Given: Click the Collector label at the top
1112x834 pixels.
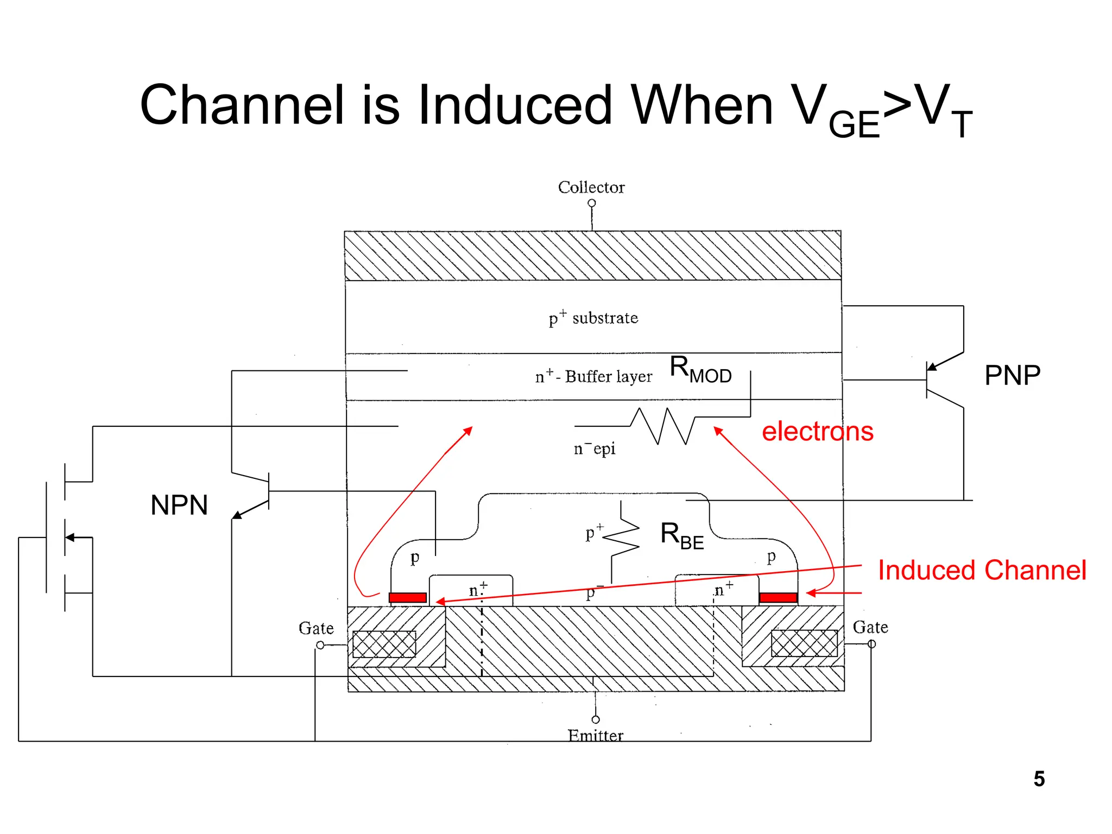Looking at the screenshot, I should (x=591, y=187).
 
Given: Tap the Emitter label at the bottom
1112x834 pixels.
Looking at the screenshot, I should (x=595, y=735).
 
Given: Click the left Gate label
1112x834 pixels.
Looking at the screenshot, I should (x=316, y=628).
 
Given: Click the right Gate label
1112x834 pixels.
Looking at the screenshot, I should (x=870, y=627).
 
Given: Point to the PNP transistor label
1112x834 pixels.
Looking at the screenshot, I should (x=1012, y=375).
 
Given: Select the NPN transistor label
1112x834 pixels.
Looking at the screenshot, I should (x=179, y=505).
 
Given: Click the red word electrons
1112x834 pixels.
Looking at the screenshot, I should (x=817, y=432).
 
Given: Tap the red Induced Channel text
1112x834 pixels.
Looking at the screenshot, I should (x=982, y=571).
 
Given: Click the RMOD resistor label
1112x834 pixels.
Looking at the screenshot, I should (x=700, y=369).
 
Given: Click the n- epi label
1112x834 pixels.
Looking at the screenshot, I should (x=595, y=448).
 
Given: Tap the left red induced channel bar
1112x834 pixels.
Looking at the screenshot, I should (x=408, y=598).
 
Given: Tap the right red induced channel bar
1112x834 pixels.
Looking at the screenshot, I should (x=778, y=598).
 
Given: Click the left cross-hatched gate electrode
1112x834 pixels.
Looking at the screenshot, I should (x=384, y=644).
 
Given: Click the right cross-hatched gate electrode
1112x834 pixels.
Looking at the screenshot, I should (x=804, y=643).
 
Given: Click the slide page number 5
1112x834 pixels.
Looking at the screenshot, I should (x=1039, y=779).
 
